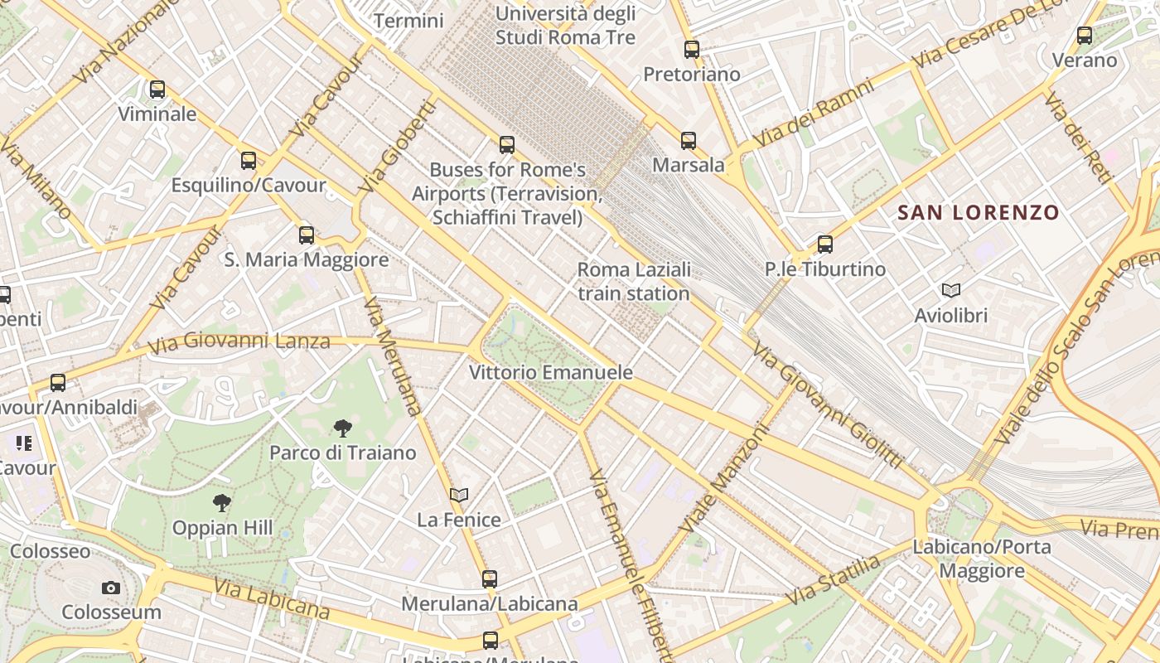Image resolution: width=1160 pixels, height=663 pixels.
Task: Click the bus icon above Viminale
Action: point(157,90)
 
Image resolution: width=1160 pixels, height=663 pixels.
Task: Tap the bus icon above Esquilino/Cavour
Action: point(249,161)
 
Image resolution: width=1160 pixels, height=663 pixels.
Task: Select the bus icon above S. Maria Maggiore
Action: point(307,235)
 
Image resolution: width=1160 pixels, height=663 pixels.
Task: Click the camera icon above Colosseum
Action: point(111,588)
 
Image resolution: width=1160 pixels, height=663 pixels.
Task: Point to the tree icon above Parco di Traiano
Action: point(342,428)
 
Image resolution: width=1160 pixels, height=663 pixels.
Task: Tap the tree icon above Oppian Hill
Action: point(221,502)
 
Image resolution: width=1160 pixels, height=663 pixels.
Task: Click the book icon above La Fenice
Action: point(459,496)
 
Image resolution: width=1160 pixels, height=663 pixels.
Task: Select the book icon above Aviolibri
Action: point(951,290)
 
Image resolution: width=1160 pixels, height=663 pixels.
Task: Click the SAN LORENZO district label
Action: point(979,213)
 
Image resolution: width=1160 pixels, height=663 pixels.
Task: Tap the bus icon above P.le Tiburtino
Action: point(824,244)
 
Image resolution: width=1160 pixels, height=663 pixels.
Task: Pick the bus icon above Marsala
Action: point(689,141)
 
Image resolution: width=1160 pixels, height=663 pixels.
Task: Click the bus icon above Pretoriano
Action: point(692,50)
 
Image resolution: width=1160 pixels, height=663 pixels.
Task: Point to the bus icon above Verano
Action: point(1085,36)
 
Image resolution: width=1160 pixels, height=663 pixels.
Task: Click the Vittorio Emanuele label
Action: point(551,373)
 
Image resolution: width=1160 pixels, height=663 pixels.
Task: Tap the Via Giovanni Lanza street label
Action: point(239,341)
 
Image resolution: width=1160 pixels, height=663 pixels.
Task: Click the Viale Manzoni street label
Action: point(723,479)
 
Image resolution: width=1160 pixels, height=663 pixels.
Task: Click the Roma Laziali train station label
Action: point(634,282)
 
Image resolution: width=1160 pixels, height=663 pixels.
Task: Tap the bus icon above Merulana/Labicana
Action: point(490,579)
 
